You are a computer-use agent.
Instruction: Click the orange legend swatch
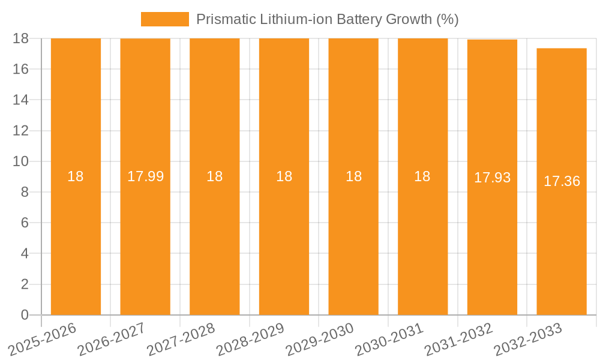[164, 19]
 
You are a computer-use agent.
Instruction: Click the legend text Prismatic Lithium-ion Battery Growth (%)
[328, 19]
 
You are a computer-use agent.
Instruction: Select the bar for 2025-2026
[76, 240]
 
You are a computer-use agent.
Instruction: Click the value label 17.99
[145, 176]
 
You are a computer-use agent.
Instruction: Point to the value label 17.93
[492, 178]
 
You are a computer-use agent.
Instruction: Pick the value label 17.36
[562, 181]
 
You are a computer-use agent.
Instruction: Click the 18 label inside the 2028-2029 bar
[284, 176]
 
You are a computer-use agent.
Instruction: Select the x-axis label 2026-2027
[112, 339]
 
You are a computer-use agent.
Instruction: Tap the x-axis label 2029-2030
[320, 339]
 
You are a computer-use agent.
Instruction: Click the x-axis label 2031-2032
[459, 339]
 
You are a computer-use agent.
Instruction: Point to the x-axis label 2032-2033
[529, 339]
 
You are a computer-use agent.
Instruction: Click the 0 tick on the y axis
[25, 315]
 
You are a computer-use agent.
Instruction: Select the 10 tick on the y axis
[21, 161]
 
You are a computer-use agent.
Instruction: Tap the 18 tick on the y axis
[21, 38]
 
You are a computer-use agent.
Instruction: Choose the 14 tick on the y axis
[21, 100]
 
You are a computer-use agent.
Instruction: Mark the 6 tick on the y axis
[25, 223]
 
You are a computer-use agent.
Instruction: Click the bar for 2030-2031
[422, 240]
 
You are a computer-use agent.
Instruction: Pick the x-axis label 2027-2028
[182, 339]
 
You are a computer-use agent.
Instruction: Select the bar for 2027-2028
[215, 240]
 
